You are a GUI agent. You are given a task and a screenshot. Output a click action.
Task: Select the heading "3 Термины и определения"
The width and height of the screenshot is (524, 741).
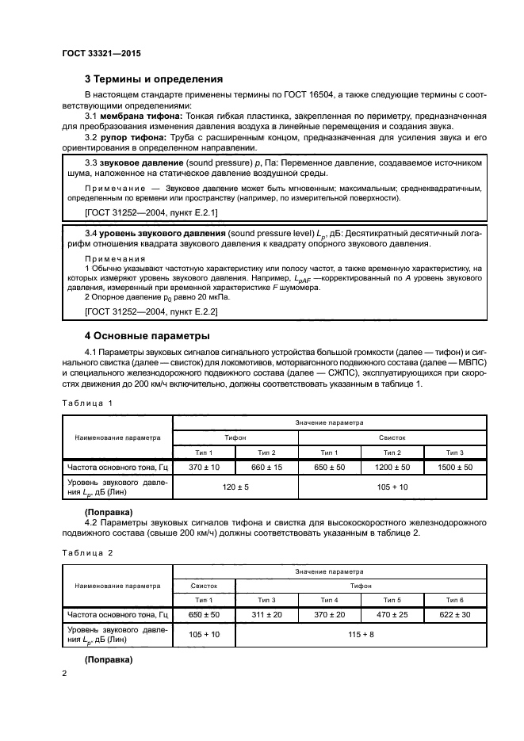[x=153, y=78]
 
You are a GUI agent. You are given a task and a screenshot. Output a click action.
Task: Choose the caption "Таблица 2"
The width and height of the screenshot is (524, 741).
[x=87, y=553]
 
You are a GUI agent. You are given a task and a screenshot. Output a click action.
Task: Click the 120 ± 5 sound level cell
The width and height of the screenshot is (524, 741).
[x=235, y=486]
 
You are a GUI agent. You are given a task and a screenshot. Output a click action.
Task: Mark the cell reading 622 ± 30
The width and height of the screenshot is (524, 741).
[x=454, y=614]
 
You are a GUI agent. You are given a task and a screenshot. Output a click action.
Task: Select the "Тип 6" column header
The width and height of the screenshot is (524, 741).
[x=454, y=600]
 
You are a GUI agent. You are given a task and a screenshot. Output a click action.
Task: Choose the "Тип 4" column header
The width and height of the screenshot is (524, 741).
[x=329, y=600]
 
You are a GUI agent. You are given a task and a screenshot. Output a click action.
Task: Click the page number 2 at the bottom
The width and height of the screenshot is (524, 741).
[x=65, y=674]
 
